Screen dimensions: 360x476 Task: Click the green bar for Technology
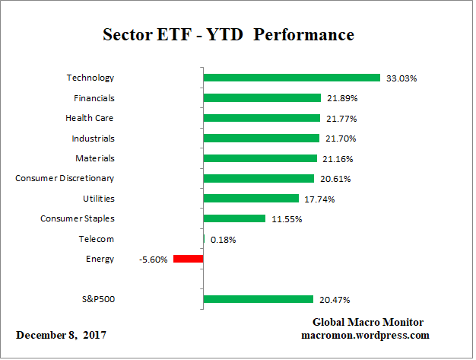(x=291, y=78)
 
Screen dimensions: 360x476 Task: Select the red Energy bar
(x=188, y=259)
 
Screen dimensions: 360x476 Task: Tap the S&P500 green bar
(x=258, y=299)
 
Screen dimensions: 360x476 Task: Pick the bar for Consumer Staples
(x=234, y=218)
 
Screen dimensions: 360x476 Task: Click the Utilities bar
(x=251, y=199)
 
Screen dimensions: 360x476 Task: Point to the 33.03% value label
(x=401, y=78)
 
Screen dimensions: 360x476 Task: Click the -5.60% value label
(x=153, y=259)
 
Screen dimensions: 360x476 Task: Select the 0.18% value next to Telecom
(x=223, y=239)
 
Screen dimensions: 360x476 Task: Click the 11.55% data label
(x=286, y=218)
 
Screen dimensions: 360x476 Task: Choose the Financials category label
(x=94, y=98)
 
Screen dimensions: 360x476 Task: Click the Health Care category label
(x=90, y=118)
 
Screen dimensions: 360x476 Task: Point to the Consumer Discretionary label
(x=65, y=178)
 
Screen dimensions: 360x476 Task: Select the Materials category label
(x=95, y=158)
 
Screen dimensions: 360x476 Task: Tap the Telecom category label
(x=97, y=239)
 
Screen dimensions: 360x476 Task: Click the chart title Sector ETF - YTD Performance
(x=227, y=35)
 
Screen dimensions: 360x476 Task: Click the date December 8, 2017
(x=61, y=335)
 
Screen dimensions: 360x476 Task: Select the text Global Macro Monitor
(x=367, y=322)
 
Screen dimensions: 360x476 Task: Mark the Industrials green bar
(x=261, y=139)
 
